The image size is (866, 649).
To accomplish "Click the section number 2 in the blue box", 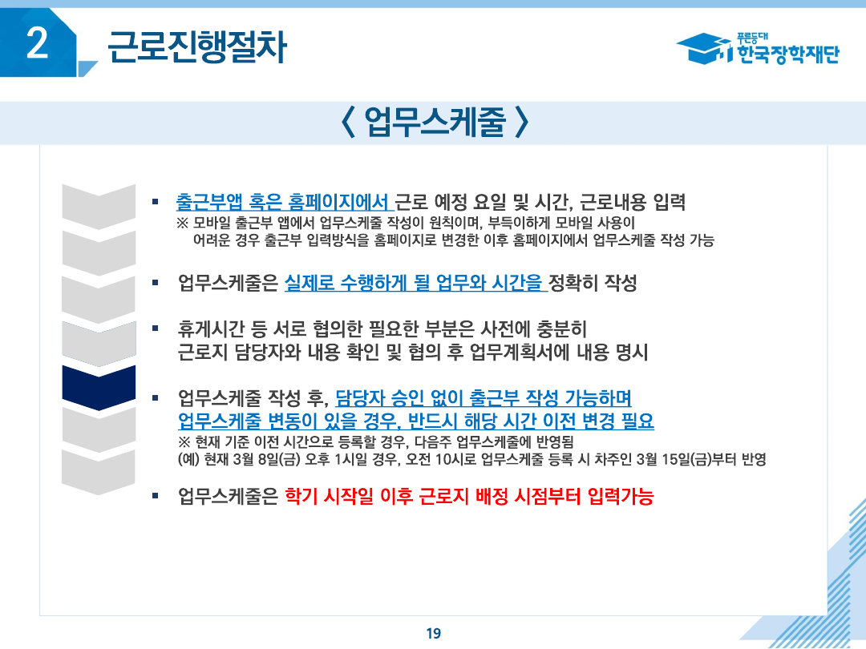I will (x=38, y=45).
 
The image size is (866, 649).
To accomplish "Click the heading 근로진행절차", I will (x=196, y=46).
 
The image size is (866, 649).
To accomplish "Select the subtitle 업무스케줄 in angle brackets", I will (x=432, y=123).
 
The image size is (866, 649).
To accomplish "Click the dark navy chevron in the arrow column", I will (x=99, y=386).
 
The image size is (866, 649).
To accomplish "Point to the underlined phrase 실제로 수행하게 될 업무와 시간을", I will (x=415, y=282).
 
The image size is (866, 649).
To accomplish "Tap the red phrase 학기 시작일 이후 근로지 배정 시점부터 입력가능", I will (x=470, y=497).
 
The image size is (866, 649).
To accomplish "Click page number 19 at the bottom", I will (x=433, y=633).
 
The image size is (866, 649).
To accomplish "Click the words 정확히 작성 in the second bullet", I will (x=593, y=282).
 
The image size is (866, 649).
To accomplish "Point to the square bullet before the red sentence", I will (x=156, y=496).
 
